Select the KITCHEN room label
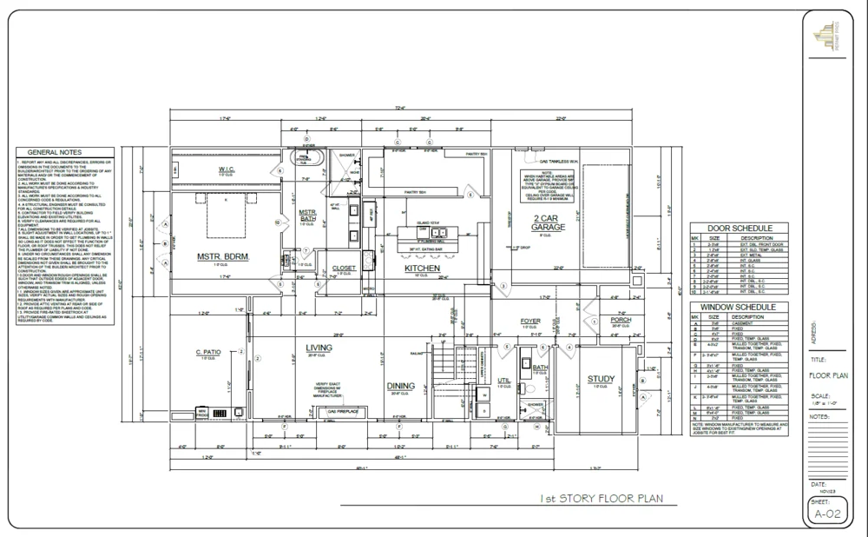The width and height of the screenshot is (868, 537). [423, 268]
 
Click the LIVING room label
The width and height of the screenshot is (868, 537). [319, 348]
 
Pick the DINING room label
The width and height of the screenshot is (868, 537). [400, 386]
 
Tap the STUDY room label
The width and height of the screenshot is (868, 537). [600, 379]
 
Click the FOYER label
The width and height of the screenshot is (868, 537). [530, 322]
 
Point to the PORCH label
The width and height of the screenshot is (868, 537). [621, 320]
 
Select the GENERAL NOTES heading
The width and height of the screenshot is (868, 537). [61, 151]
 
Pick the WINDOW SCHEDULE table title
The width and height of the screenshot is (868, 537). [735, 308]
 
